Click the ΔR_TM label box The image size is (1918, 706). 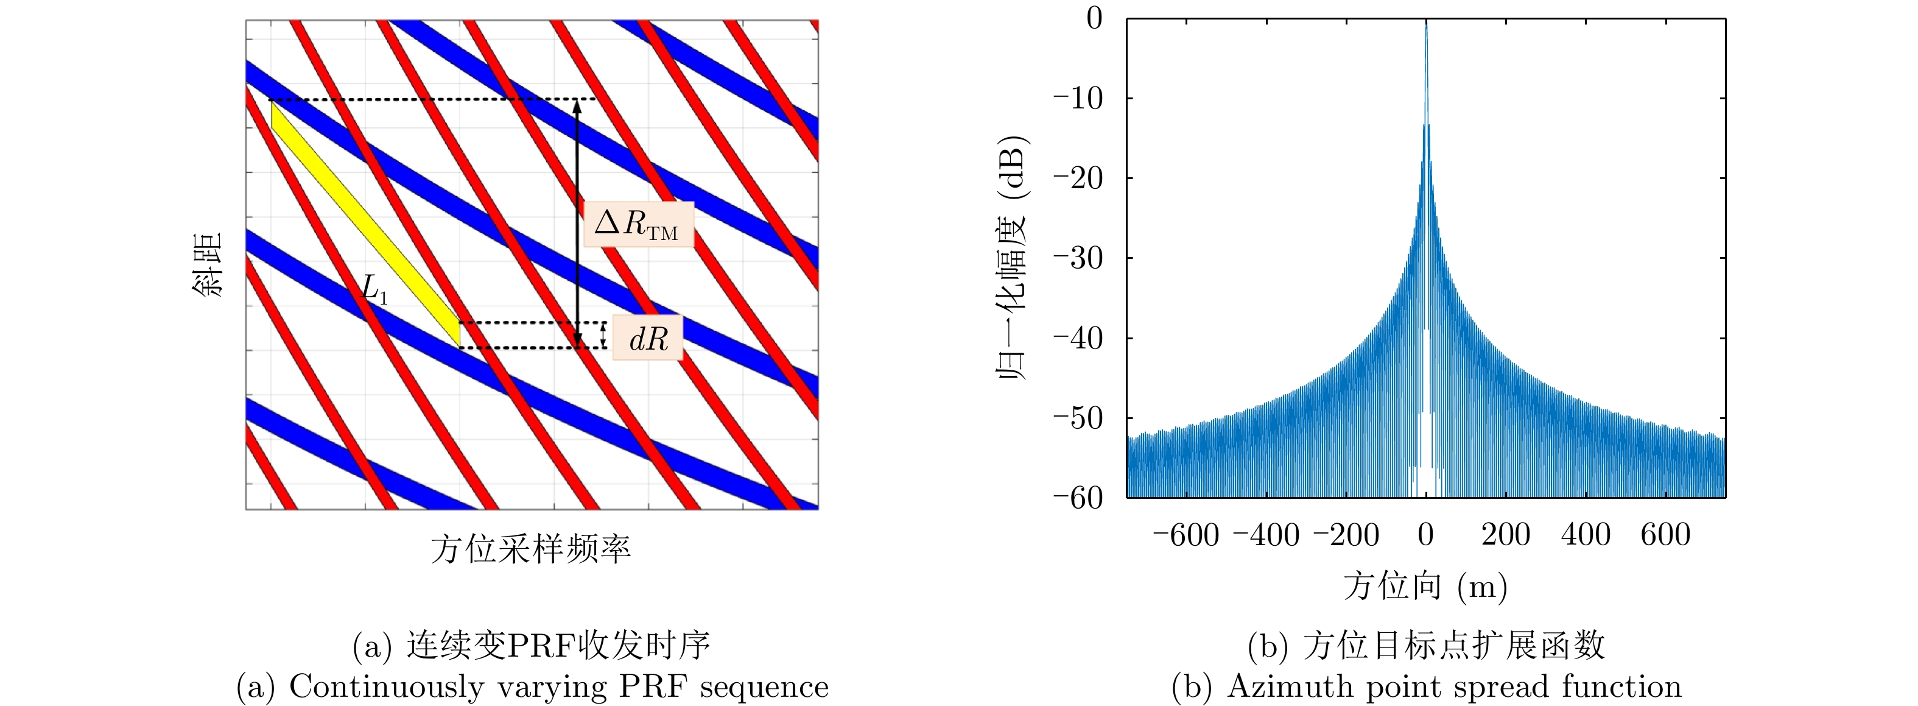tap(638, 224)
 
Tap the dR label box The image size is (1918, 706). tap(648, 339)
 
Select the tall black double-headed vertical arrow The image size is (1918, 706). tap(576, 224)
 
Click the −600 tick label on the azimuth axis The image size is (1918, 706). tap(1186, 535)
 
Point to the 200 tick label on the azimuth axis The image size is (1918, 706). tap(1506, 535)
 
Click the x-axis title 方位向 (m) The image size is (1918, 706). tap(1425, 586)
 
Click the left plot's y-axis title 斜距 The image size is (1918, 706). tap(208, 265)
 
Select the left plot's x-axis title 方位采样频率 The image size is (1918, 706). tap(531, 549)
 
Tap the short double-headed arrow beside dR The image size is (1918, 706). tap(603, 335)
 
